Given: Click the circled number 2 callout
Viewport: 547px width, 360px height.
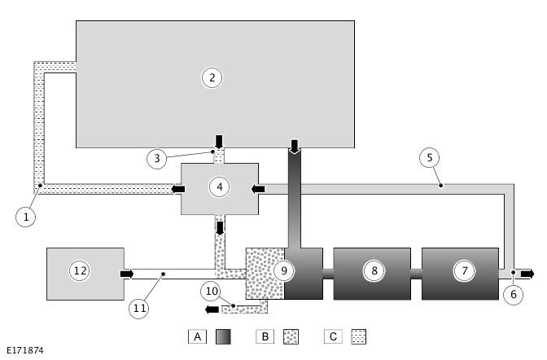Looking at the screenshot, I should pos(212,78).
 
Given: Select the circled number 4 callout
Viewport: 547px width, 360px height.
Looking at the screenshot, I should pos(219,187).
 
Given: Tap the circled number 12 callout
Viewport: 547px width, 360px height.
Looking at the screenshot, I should pos(79,270).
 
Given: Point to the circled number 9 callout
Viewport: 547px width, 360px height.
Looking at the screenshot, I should pos(283,270).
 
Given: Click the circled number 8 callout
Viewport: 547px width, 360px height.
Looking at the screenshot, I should pos(374,270).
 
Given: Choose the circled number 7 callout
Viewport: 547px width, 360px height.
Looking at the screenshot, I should pos(463,270).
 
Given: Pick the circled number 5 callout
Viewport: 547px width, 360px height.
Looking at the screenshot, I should pos(431,157).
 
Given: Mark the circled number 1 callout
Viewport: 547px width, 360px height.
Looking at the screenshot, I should pos(26,217).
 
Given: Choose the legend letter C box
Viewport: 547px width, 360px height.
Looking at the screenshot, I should pos(332,336).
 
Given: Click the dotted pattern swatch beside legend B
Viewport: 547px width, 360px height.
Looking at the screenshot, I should pos(291,336).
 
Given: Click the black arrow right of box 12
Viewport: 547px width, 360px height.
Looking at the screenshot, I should pos(127,274).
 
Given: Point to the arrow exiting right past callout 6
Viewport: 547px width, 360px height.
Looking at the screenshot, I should pos(527,273).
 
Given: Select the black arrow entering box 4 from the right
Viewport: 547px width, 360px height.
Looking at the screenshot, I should pos(259,189).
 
